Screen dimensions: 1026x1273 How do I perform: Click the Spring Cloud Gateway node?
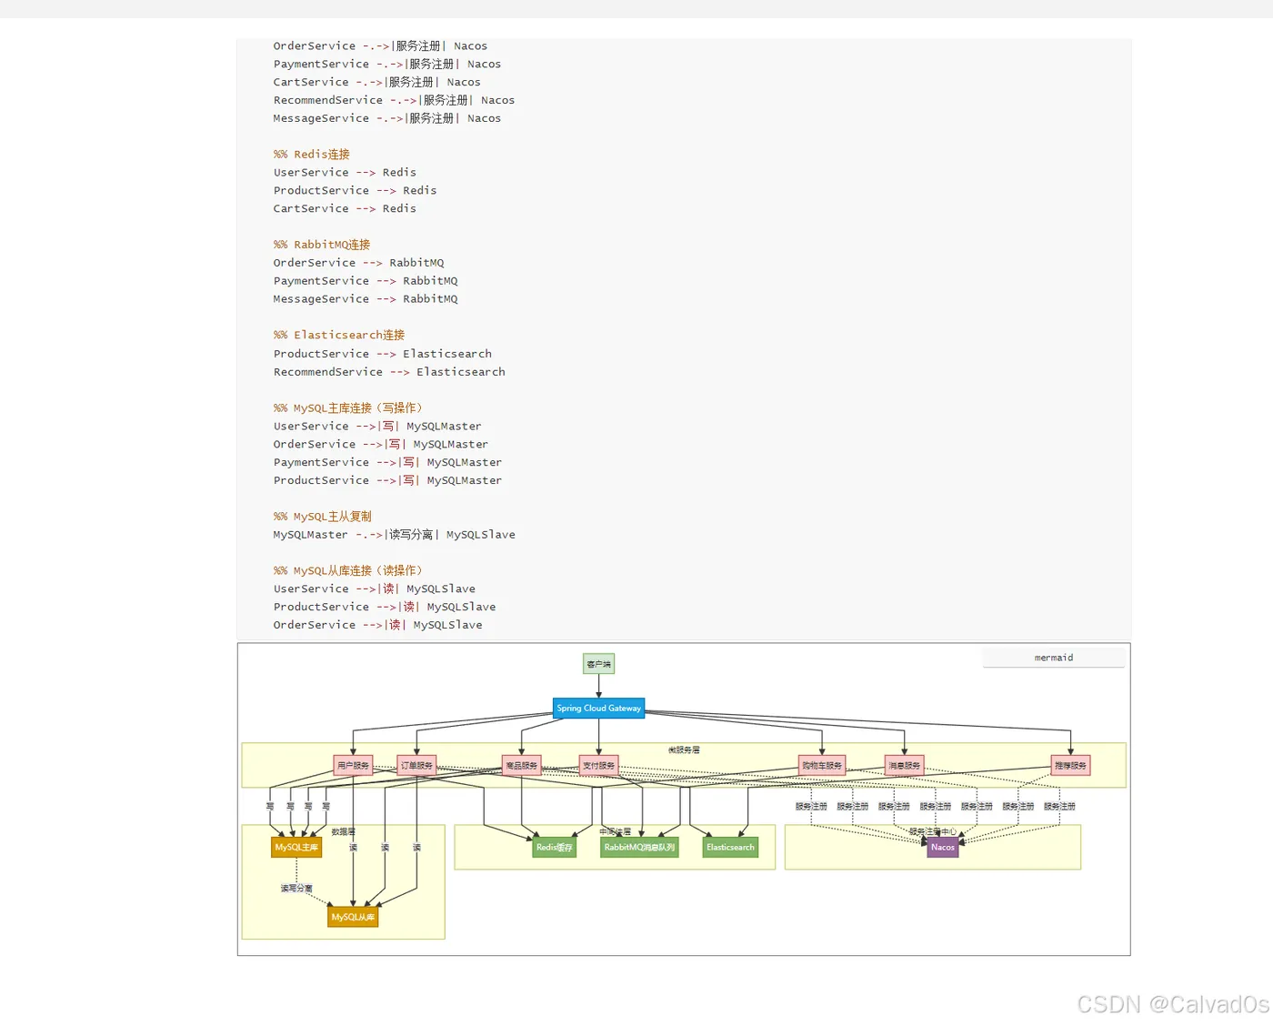tap(598, 709)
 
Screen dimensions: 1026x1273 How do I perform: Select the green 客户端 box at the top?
tap(598, 664)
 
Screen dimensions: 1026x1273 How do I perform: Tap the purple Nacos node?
tap(943, 848)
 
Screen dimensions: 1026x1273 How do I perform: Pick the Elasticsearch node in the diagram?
tap(730, 848)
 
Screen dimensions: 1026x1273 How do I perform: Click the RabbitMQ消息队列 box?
tap(639, 848)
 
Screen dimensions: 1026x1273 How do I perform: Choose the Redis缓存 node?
tap(554, 848)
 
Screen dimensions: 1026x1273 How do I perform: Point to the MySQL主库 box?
tap(296, 848)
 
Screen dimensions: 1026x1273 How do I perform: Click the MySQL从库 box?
tap(353, 917)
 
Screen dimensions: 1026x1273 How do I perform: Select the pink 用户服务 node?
tap(353, 766)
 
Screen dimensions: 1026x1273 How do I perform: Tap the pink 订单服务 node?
tap(416, 766)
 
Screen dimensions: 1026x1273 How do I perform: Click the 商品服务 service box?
tap(521, 766)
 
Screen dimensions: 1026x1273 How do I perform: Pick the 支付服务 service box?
tap(598, 766)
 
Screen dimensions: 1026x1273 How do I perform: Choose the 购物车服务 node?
tap(822, 766)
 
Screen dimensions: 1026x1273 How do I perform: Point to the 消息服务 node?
tap(904, 766)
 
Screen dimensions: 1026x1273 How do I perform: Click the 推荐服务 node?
tap(1070, 766)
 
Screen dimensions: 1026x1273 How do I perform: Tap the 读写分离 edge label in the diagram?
tap(296, 888)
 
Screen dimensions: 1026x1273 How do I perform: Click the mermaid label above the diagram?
tap(1053, 658)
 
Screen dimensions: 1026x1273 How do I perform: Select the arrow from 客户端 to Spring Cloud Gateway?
tap(598, 686)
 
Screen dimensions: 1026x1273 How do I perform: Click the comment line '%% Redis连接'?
tap(312, 155)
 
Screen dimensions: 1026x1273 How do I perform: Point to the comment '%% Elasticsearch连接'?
tap(339, 336)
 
